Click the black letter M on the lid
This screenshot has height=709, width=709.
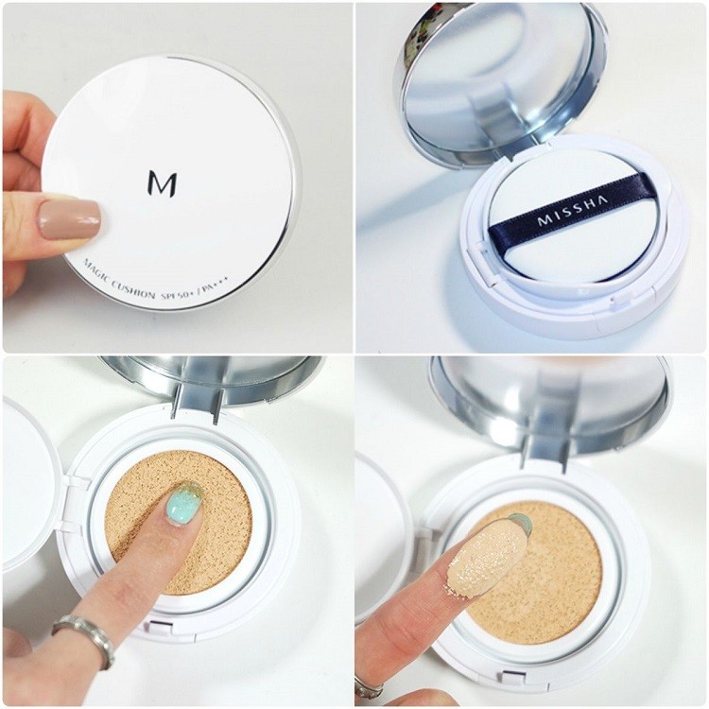click(x=162, y=182)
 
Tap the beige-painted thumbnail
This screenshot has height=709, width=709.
click(x=69, y=219)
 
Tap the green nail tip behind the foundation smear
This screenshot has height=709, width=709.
click(x=521, y=523)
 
